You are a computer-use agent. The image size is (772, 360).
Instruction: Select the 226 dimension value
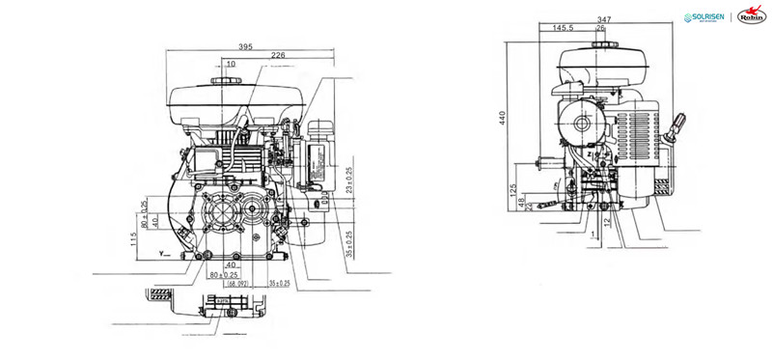point(278,56)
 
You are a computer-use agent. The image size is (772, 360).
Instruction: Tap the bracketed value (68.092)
point(236,284)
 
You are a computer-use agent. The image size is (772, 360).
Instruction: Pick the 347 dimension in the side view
point(605,18)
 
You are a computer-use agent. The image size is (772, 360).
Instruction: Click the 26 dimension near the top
point(600,29)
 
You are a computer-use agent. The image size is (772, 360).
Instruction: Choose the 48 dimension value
point(522,202)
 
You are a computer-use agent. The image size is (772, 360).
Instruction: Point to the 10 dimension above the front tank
point(231,65)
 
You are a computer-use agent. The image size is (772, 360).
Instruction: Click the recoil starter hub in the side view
point(581,125)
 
